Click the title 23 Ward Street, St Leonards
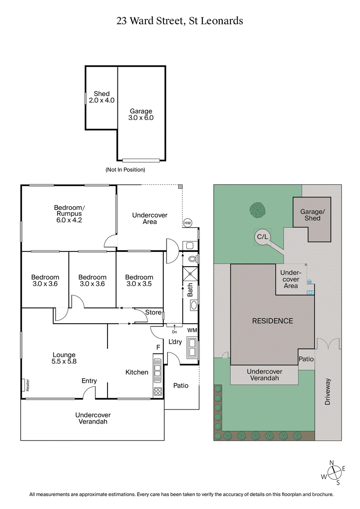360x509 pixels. pyautogui.click(x=180, y=21)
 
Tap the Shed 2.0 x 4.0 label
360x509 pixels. pyautogui.click(x=101, y=97)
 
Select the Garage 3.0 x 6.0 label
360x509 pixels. pyautogui.click(x=141, y=115)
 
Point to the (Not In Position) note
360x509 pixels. pyautogui.click(x=125, y=170)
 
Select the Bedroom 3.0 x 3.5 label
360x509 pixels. pyautogui.click(x=139, y=281)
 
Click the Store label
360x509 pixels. pyautogui.click(x=153, y=313)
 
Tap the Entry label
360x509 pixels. pyautogui.click(x=89, y=381)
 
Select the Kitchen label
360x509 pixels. pyautogui.click(x=137, y=372)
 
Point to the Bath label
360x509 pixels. pyautogui.click(x=190, y=291)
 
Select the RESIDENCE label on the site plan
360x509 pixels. pyautogui.click(x=272, y=321)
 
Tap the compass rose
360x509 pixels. pyautogui.click(x=333, y=472)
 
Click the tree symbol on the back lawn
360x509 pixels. pyautogui.click(x=257, y=210)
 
